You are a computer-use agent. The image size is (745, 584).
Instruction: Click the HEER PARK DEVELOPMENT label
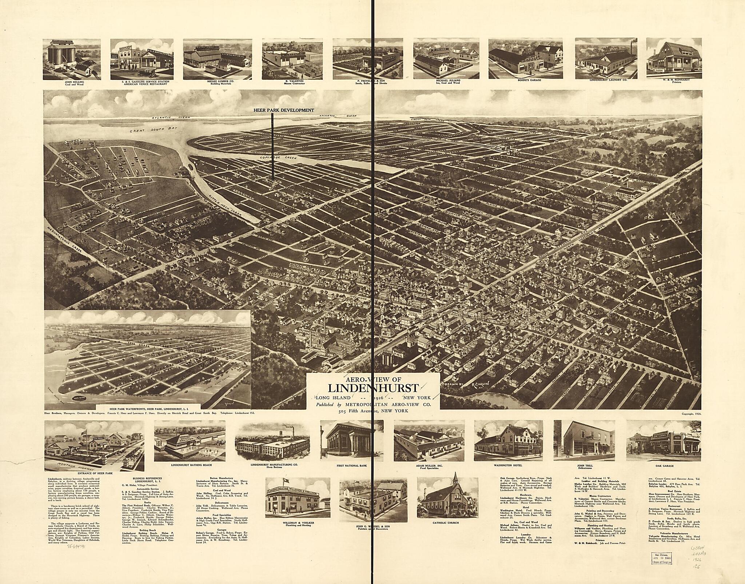click(x=284, y=110)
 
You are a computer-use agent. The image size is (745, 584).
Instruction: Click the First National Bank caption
click(x=351, y=465)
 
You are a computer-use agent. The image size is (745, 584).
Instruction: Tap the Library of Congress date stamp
click(x=659, y=569)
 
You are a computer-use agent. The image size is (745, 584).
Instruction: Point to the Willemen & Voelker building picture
click(x=297, y=497)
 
